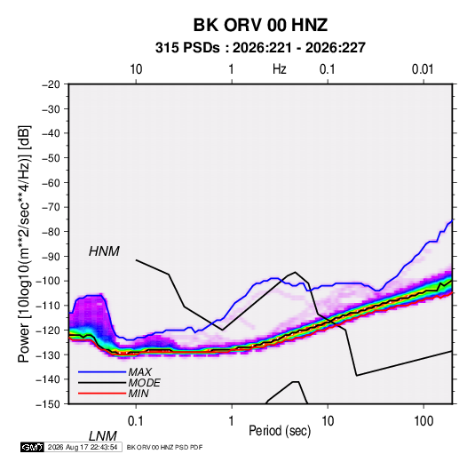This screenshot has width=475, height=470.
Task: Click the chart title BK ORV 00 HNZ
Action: pyautogui.click(x=260, y=25)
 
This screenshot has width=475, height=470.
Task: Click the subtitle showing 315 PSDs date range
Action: pyautogui.click(x=260, y=48)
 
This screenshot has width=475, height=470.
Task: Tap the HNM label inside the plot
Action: pyautogui.click(x=104, y=251)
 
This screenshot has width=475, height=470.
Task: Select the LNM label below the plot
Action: pyautogui.click(x=102, y=436)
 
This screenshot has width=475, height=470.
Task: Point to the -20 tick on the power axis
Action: pyautogui.click(x=51, y=84)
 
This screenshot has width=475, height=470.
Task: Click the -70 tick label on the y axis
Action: pyautogui.click(x=51, y=207)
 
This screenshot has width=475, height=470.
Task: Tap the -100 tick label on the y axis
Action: pyautogui.click(x=48, y=281)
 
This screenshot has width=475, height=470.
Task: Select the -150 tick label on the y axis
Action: pyautogui.click(x=48, y=404)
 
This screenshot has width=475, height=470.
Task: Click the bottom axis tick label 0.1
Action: pyautogui.click(x=136, y=421)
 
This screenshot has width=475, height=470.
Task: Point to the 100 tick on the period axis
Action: pyautogui.click(x=424, y=421)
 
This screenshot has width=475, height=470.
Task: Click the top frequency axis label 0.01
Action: pyautogui.click(x=423, y=69)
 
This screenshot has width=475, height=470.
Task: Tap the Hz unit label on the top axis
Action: pyautogui.click(x=280, y=69)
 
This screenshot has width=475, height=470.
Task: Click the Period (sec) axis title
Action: pyautogui.click(x=280, y=431)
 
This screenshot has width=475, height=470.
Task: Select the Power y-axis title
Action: pyautogui.click(x=24, y=243)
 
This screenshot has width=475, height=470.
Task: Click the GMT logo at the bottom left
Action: pyautogui.click(x=33, y=447)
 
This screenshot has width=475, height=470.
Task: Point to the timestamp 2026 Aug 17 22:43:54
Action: pyautogui.click(x=83, y=447)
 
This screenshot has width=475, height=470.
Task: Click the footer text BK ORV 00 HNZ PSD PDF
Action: pyautogui.click(x=164, y=447)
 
